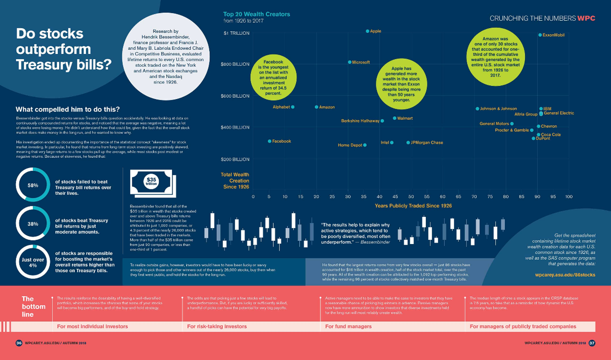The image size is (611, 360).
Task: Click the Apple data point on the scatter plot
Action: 367,31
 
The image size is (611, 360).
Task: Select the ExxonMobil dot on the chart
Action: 540,35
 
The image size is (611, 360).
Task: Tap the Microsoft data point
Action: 350,63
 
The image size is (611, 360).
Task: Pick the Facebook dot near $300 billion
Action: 269,141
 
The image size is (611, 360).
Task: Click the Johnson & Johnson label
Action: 498,109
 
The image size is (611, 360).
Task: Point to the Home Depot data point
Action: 365,145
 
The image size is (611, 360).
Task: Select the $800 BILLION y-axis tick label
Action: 235,64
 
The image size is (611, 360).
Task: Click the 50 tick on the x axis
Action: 411,197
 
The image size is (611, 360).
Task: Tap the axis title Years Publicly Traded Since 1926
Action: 413,206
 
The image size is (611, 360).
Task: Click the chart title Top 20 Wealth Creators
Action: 257,14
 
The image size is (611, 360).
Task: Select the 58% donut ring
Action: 33,186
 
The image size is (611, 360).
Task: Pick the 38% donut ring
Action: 33,224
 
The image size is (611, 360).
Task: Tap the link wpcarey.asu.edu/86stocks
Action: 565,275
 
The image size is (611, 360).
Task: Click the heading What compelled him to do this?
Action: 67,109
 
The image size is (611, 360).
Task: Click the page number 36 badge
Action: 19,343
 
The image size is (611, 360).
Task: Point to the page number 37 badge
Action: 592,343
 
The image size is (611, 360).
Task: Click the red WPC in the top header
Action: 586,18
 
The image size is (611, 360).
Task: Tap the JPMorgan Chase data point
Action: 408,143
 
